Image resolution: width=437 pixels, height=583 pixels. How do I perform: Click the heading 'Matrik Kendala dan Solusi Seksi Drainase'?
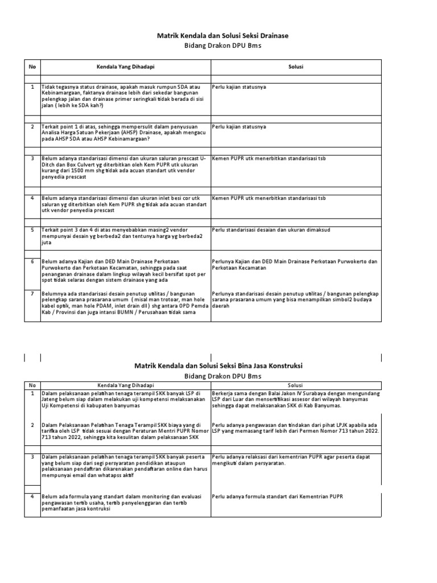(x=222, y=36)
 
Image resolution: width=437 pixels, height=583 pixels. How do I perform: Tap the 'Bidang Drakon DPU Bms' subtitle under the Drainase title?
(x=222, y=47)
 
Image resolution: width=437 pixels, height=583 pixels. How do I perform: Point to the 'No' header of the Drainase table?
(x=32, y=67)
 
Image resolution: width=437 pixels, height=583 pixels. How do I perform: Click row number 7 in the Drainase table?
(x=32, y=294)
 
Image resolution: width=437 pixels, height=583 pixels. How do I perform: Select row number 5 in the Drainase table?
(x=32, y=229)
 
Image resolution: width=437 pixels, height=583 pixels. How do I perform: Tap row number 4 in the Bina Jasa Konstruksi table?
(x=32, y=496)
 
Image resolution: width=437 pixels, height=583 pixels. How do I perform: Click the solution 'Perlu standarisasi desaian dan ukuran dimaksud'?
(x=270, y=229)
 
